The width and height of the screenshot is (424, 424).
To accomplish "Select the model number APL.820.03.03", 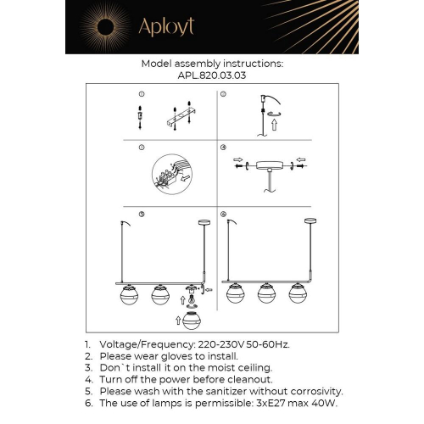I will pyautogui.click(x=211, y=75).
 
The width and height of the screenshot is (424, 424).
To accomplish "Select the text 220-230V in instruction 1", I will pyautogui.click(x=215, y=345).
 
